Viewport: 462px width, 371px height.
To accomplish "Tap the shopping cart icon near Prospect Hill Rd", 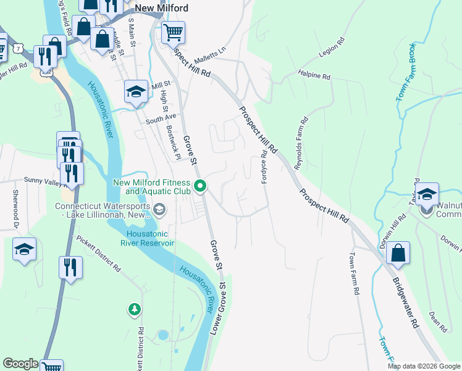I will click(x=174, y=31).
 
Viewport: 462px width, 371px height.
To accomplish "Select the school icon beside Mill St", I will click(x=136, y=92).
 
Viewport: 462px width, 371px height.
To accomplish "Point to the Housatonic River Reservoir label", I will click(x=149, y=238).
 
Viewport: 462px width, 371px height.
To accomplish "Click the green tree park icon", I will click(x=134, y=309).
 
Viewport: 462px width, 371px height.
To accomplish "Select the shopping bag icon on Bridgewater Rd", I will click(x=398, y=253).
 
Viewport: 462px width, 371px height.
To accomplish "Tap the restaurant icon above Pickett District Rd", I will click(x=71, y=268).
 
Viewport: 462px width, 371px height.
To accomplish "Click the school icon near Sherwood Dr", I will click(x=24, y=249).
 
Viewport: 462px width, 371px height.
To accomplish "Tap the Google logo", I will click(x=20, y=364).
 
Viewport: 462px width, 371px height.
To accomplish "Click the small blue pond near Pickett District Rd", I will click(x=162, y=335).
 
